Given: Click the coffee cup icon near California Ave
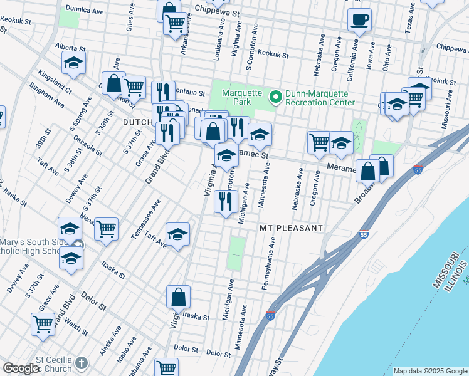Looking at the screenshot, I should [359, 20].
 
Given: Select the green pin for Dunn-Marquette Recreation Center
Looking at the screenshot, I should [275, 96].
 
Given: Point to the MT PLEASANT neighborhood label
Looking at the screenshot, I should [292, 229].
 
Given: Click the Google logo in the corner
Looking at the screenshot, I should [21, 368].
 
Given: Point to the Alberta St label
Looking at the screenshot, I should [70, 47].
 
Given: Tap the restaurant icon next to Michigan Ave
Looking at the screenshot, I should [224, 201].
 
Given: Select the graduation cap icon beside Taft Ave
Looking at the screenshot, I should [178, 234].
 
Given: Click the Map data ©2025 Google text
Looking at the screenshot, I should [430, 371].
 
